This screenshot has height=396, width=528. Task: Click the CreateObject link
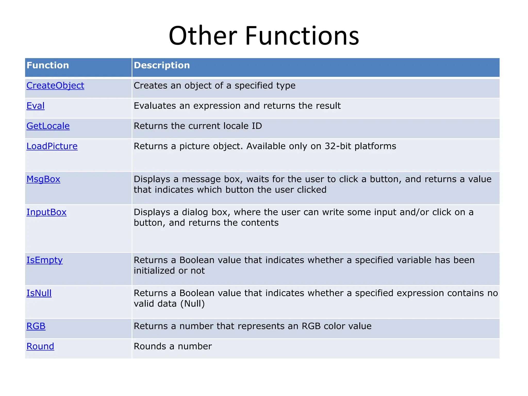(55, 86)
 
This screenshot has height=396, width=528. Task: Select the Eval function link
(36, 106)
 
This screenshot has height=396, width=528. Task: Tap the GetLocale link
(48, 126)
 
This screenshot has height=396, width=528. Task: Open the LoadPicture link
(52, 146)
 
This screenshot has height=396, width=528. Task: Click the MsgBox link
(43, 179)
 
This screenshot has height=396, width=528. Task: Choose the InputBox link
(46, 212)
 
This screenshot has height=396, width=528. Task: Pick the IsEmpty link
(44, 260)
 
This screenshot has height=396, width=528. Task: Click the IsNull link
(39, 293)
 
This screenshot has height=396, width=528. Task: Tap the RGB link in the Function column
(36, 326)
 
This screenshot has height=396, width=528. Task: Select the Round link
(40, 346)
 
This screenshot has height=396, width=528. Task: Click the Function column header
(48, 65)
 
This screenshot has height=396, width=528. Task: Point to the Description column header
(162, 65)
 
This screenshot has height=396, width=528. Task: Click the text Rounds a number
(172, 346)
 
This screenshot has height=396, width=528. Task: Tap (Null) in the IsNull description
(192, 304)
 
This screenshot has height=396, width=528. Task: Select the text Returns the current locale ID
(198, 126)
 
